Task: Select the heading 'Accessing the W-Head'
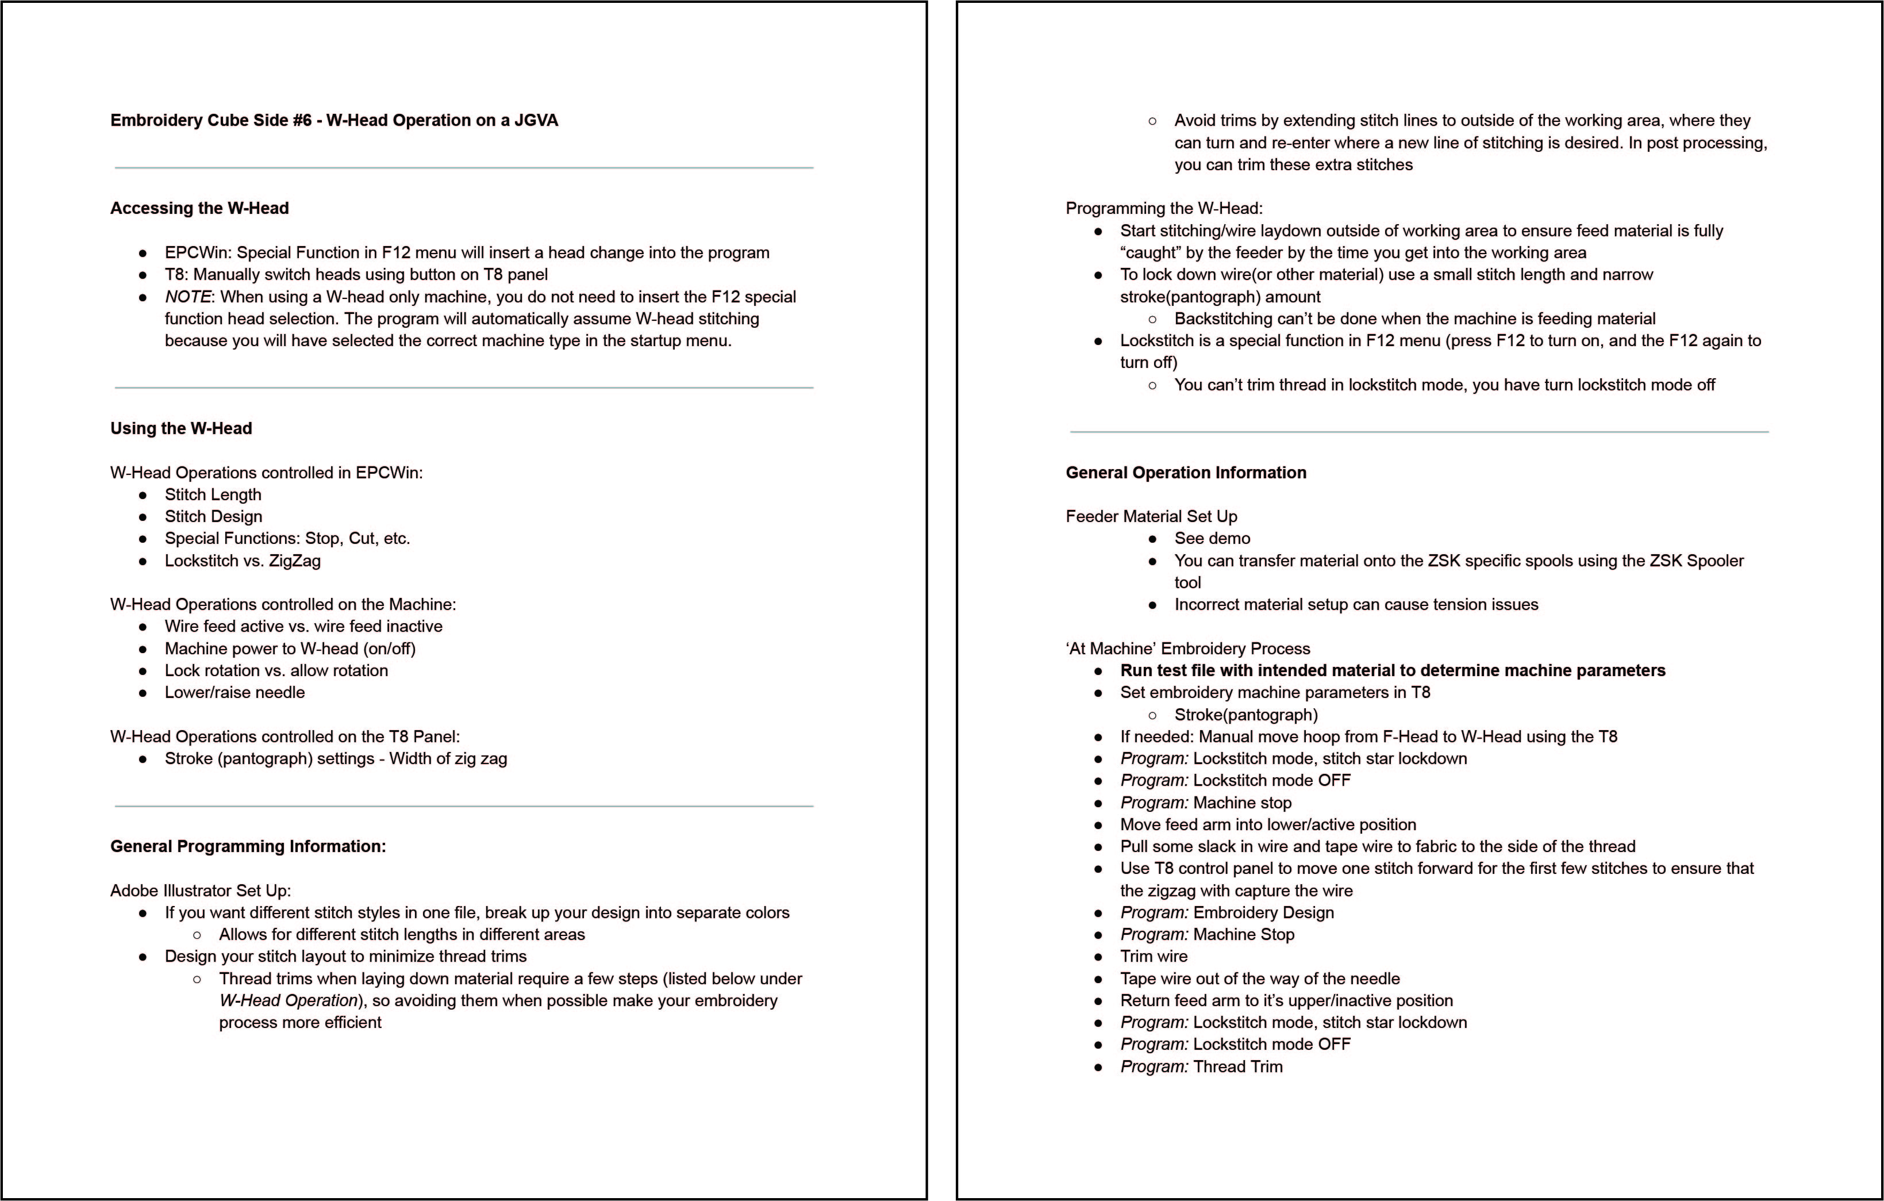point(199,208)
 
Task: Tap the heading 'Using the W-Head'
point(180,429)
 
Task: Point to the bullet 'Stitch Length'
point(213,494)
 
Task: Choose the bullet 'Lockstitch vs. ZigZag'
point(243,561)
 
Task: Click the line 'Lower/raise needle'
point(234,692)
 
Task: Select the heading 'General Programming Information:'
point(248,847)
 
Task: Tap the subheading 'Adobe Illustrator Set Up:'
point(200,891)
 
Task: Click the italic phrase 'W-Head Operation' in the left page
point(288,1001)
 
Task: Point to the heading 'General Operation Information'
point(1185,473)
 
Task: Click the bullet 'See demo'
point(1212,538)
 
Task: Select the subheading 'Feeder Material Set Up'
point(1151,516)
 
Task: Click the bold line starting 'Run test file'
point(1392,670)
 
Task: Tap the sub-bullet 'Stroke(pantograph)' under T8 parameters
point(1245,715)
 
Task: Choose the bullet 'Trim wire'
point(1154,956)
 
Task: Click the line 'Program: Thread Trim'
point(1201,1066)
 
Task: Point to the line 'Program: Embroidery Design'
point(1227,912)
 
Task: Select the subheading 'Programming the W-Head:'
point(1163,208)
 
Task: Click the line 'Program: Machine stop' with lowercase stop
point(1206,803)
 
